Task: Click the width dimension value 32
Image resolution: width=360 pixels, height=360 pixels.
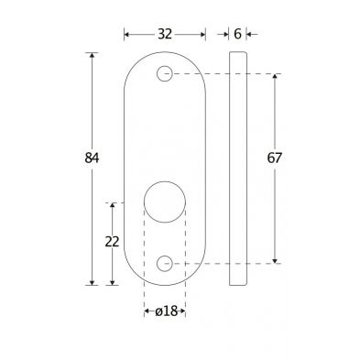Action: pos(165,34)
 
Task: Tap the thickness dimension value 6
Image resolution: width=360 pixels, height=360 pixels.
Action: pos(237,34)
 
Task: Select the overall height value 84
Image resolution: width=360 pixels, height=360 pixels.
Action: pos(92,158)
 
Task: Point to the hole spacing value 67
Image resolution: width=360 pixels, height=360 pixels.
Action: pos(274,158)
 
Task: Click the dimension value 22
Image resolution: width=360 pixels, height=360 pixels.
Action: pos(112,242)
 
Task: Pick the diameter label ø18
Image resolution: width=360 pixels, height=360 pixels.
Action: pos(166,311)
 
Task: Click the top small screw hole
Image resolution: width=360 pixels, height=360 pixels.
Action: pos(165,73)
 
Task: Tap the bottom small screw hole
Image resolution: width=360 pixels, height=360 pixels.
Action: pos(165,263)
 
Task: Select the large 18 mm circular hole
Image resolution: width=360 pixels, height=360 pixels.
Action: pos(165,202)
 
